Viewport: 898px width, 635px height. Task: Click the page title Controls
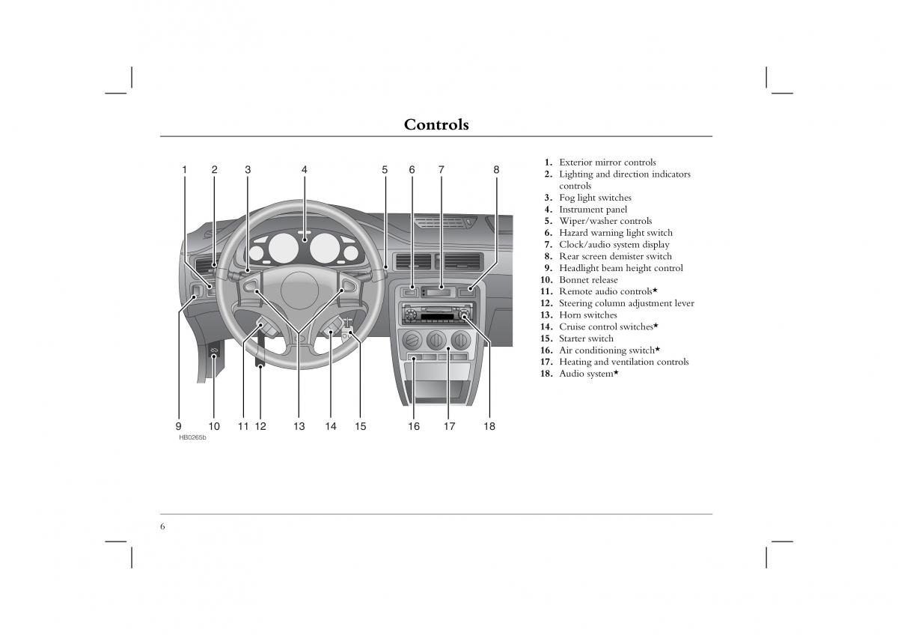coord(436,125)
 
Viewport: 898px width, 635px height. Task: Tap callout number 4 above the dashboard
coord(305,170)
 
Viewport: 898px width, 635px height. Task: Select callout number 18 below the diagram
coord(489,427)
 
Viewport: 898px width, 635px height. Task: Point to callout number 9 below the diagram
coord(179,427)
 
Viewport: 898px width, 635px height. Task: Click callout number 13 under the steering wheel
coord(299,427)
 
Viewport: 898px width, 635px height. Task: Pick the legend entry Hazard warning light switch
coord(615,233)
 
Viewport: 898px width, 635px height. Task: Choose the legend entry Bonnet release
coord(588,280)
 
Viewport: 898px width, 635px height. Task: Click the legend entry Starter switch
coord(585,338)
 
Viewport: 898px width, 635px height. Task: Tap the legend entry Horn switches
coord(587,315)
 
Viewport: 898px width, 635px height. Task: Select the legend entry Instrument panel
coord(593,210)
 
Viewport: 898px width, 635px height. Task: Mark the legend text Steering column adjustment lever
coord(626,303)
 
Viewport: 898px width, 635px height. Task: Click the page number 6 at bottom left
coord(162,526)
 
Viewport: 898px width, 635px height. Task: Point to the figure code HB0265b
coord(192,437)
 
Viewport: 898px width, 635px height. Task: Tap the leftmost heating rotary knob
coord(411,343)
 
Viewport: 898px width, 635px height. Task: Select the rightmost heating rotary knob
coord(461,343)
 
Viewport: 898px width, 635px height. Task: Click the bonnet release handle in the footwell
coord(213,351)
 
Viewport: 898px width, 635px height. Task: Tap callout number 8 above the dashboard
coord(496,170)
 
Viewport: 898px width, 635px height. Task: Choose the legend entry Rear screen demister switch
coord(615,256)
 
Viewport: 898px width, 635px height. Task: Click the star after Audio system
coord(616,372)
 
